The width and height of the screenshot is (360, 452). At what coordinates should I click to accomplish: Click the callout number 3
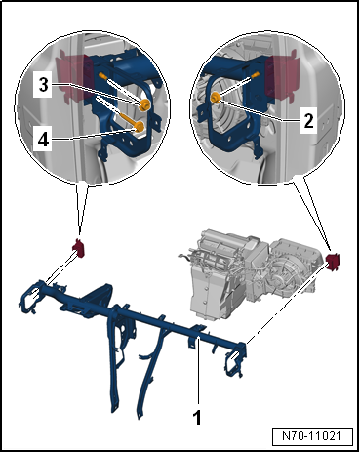click(43, 85)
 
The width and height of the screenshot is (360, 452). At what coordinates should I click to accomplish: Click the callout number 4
click(43, 140)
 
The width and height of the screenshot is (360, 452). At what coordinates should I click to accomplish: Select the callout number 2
click(308, 121)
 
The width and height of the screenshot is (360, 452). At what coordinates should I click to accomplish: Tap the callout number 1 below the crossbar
click(197, 417)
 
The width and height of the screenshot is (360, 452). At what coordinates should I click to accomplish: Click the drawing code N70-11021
click(312, 435)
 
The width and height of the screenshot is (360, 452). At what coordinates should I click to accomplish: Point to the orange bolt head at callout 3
click(144, 104)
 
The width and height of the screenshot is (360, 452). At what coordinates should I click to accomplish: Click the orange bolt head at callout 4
click(140, 126)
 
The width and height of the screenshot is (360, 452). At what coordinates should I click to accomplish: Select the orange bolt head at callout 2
click(216, 97)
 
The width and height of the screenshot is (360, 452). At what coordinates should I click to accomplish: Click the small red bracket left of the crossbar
click(78, 248)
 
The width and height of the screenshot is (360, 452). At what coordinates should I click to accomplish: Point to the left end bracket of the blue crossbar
click(31, 296)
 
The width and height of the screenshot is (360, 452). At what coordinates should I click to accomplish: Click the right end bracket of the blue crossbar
click(235, 359)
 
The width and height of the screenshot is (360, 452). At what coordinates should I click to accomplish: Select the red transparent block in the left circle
click(74, 77)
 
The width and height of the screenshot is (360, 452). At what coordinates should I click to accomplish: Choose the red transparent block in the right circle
click(282, 76)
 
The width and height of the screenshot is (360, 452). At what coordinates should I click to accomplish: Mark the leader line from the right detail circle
click(312, 214)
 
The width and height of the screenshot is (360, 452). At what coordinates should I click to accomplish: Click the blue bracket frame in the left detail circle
click(125, 104)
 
